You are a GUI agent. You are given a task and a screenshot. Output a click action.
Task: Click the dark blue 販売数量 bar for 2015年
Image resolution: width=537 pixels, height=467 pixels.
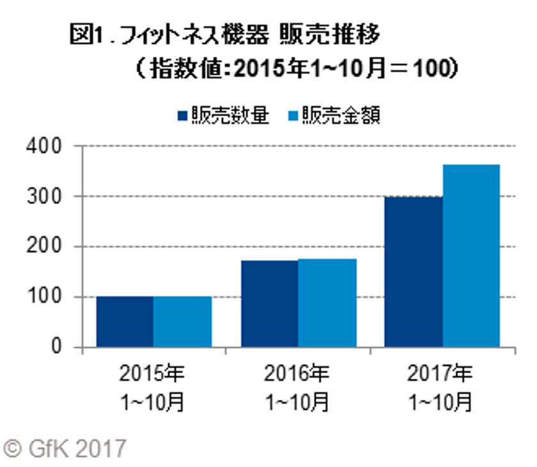(124, 322)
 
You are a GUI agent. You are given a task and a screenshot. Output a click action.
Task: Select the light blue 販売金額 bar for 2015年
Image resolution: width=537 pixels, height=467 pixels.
(182, 322)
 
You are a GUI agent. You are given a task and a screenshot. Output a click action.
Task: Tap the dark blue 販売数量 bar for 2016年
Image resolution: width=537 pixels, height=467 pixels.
(269, 304)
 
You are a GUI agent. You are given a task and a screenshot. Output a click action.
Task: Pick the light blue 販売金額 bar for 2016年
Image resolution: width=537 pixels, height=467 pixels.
(327, 303)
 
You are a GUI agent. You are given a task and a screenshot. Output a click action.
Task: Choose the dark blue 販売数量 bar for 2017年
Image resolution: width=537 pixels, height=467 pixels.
(414, 272)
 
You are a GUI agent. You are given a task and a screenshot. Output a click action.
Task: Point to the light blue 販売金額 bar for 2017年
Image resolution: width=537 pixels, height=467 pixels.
(472, 256)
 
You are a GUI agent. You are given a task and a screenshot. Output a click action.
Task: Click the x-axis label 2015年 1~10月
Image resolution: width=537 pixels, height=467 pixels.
(153, 387)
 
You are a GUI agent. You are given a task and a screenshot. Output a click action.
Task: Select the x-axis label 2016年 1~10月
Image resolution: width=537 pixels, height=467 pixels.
(298, 387)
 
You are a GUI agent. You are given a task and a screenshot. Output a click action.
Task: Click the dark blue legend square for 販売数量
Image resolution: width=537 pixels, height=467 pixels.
(183, 116)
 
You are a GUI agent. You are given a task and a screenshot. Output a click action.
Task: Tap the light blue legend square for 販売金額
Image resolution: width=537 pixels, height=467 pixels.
(293, 116)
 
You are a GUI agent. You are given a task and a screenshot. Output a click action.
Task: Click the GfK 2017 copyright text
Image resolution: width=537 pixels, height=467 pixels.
(64, 448)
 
